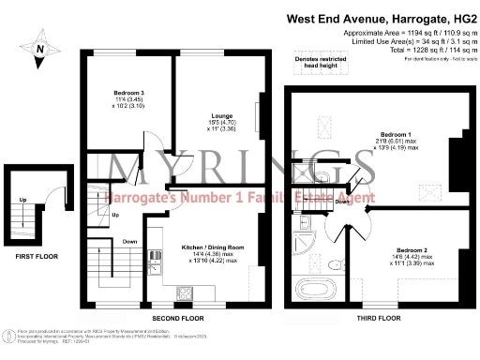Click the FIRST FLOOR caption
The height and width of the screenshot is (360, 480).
(32, 253)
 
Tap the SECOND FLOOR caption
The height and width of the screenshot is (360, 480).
(177, 316)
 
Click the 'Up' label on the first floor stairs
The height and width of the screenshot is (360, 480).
(22, 199)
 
